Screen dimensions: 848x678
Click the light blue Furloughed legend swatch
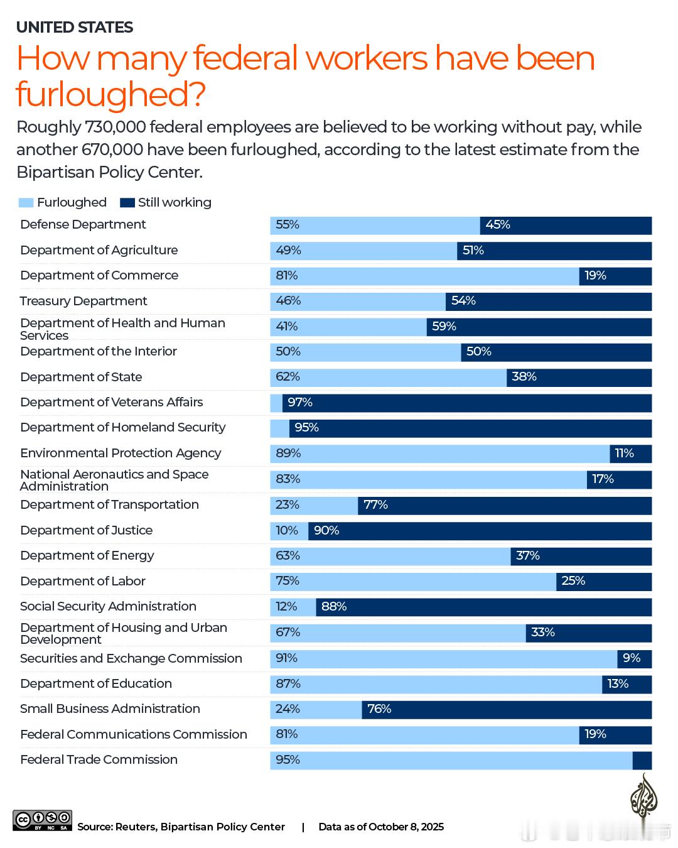click(26, 203)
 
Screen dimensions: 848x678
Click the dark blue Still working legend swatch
click(127, 203)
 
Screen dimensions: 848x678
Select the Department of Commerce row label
click(99, 276)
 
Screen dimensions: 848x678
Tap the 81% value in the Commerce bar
click(287, 276)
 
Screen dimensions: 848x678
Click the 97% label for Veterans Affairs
click(300, 403)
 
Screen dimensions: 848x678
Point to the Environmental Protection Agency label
click(121, 453)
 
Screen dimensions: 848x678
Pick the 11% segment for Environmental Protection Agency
click(630, 454)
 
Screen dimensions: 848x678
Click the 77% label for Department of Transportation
click(375, 505)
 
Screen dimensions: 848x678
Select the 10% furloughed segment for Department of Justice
click(289, 531)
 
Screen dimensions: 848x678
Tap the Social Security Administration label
click(108, 606)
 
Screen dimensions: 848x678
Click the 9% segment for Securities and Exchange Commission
click(634, 658)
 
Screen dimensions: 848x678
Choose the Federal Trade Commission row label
click(99, 759)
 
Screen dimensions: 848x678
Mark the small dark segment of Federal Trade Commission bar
click(642, 760)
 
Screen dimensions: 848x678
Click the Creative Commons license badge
click(42, 820)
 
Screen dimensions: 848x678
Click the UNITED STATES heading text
click(75, 28)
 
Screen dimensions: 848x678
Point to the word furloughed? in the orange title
click(110, 94)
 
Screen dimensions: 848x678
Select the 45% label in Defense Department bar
click(498, 225)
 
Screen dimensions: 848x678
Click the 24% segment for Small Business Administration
click(316, 709)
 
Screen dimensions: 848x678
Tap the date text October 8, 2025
click(406, 827)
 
